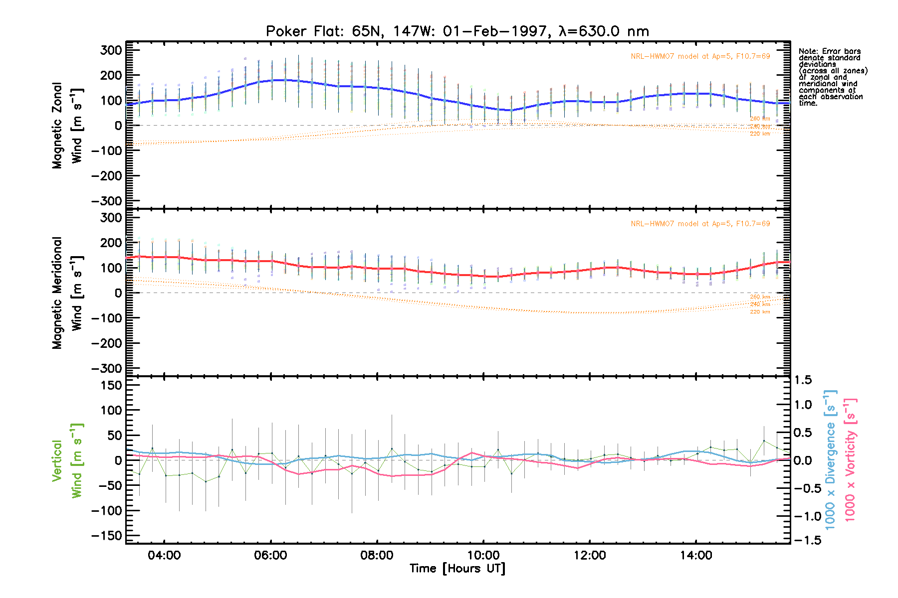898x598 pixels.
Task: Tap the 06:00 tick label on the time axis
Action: (270, 555)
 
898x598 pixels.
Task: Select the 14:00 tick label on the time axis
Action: (696, 555)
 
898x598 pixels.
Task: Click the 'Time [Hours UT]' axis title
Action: (457, 569)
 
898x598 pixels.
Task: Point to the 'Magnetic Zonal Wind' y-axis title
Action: (67, 125)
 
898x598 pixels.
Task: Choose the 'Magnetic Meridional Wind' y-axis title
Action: (67, 293)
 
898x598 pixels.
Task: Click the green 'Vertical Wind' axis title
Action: (67, 460)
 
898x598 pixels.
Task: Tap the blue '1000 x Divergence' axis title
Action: (831, 459)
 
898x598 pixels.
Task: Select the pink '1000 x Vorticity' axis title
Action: (850, 459)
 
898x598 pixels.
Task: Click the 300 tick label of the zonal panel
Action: (111, 50)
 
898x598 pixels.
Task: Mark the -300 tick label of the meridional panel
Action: (106, 368)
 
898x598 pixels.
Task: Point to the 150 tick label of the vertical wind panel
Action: (111, 385)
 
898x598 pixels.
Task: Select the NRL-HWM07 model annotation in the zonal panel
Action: (700, 56)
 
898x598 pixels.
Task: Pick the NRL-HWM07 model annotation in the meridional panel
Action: (700, 224)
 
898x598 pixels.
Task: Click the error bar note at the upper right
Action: (833, 77)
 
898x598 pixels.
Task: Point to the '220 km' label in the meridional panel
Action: (760, 312)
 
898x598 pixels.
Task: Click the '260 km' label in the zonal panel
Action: (760, 119)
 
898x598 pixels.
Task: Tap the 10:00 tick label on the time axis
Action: (483, 555)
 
